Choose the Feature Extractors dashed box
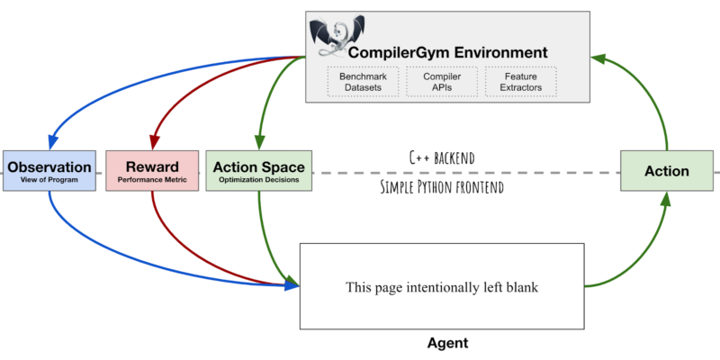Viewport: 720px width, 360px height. click(521, 82)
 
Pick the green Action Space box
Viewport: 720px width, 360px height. click(259, 170)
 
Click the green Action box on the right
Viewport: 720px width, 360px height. click(666, 170)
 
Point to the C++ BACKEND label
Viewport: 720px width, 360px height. click(440, 157)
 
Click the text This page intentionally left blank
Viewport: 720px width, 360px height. click(441, 288)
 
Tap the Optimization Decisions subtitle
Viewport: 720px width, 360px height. click(259, 181)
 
